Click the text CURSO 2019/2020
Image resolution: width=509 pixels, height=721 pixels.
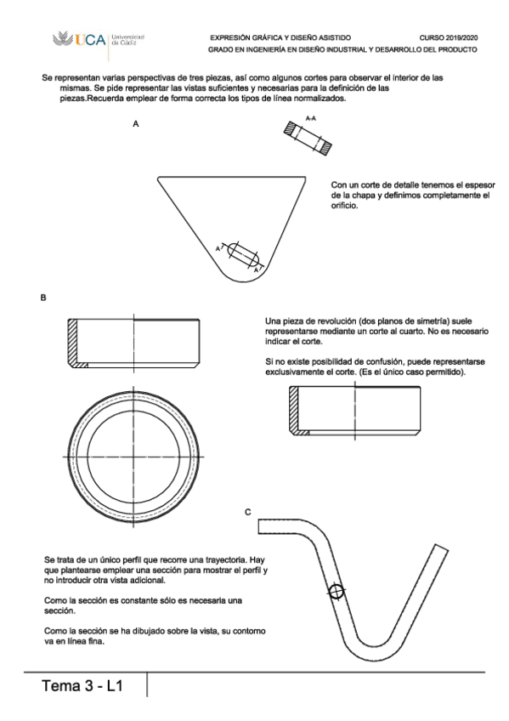point(448,37)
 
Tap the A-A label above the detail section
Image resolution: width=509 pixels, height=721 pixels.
point(311,118)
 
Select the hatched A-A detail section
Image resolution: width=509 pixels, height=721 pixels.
point(308,138)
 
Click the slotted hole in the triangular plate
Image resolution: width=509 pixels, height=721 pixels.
point(244,255)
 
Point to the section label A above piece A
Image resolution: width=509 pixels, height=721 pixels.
point(135,123)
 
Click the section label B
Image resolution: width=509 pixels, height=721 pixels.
point(43,298)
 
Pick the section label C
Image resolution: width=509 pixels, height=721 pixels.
point(247,512)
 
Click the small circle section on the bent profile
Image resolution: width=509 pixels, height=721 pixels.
point(337,592)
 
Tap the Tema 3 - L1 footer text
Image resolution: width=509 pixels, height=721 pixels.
point(82,685)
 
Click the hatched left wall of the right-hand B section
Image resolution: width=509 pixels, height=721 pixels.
point(294,408)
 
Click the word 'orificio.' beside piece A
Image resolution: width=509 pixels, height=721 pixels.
point(344,206)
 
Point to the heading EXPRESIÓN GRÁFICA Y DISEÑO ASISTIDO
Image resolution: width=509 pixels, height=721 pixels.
point(280,37)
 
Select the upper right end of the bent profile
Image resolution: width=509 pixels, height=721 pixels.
point(441,548)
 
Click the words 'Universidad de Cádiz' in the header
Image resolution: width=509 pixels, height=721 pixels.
point(127,40)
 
